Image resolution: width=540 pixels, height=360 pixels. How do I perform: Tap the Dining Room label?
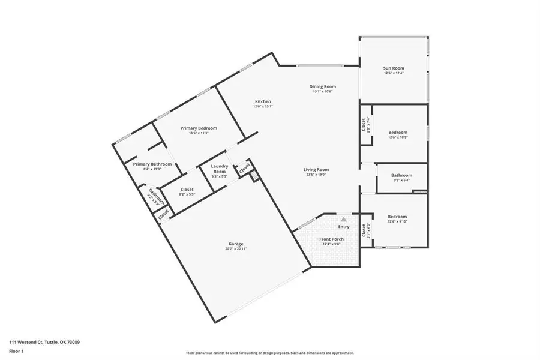pos(323,86)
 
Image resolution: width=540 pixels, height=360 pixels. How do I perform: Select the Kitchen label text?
pos(263,101)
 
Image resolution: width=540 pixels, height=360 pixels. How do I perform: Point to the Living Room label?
pos(316,169)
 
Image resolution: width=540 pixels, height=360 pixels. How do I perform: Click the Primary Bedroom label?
pos(199,128)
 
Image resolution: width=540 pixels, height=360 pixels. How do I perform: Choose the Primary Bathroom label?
pos(152,164)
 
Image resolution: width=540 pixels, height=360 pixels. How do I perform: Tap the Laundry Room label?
pos(219,169)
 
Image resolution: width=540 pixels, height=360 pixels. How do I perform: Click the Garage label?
pos(235,244)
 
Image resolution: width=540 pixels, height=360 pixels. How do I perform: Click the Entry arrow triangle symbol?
pos(344,220)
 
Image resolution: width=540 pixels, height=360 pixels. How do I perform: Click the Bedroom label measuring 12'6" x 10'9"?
pos(398,133)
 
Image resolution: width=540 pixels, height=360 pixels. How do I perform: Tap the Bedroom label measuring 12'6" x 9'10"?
pos(397,217)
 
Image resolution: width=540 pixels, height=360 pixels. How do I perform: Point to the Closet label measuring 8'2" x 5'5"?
pos(187,190)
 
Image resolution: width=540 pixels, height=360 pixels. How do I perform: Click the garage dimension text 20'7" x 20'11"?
pos(235,248)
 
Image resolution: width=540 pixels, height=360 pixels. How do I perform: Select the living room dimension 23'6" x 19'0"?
pos(316,175)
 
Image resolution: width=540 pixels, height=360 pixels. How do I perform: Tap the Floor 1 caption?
pos(17,350)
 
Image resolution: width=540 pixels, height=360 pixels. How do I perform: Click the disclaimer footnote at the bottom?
pos(270,353)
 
